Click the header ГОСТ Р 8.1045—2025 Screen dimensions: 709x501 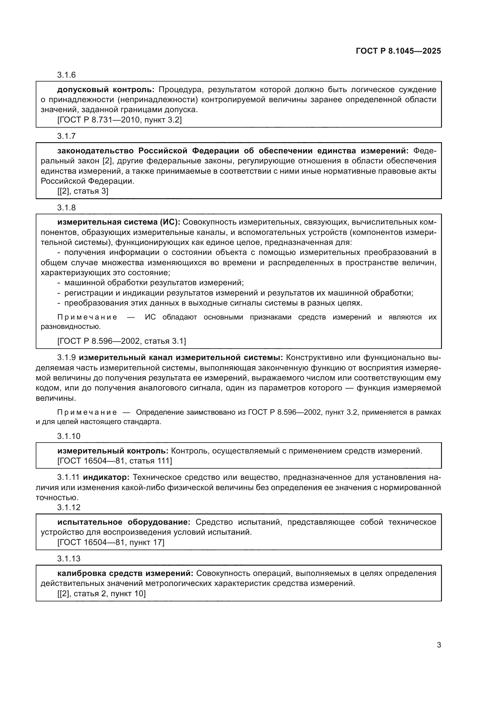point(398,51)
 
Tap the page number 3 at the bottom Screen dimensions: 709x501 point(439,645)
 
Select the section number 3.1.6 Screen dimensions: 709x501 point(66,75)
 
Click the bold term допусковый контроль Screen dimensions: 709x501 point(105,89)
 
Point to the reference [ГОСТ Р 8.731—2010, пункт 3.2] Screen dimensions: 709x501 point(119,120)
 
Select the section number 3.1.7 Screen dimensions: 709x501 point(66,136)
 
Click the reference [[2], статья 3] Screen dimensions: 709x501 point(83,191)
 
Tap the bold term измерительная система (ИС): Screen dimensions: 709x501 point(118,222)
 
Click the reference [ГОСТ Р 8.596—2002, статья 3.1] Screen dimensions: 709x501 point(121,341)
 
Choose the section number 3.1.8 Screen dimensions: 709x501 point(66,208)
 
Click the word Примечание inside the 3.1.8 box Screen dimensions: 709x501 point(87,317)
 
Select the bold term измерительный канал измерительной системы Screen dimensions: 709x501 point(181,358)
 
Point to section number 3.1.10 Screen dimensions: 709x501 point(68,436)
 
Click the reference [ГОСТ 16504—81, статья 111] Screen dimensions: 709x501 point(115,461)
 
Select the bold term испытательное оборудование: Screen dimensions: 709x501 point(124,522)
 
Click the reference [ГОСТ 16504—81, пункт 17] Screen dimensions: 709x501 point(111,542)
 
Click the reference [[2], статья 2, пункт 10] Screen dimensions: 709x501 point(101,594)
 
